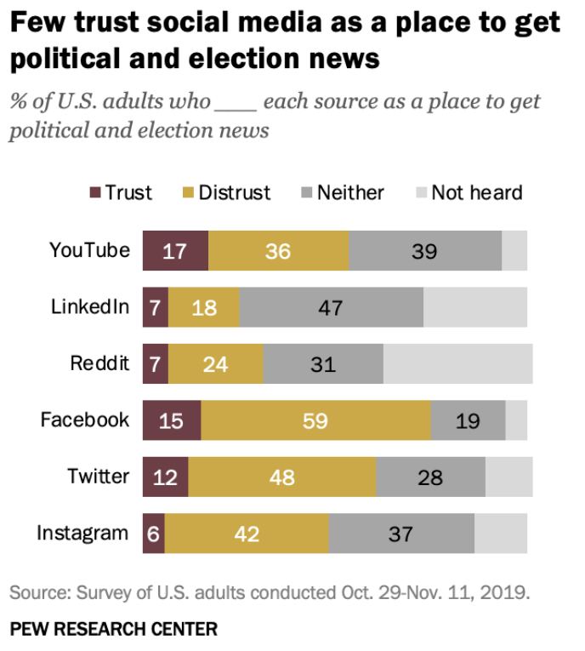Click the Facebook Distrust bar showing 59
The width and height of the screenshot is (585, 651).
pos(315,420)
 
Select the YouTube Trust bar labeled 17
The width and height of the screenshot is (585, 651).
pos(175,251)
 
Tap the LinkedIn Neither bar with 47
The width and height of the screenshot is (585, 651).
pos(331,307)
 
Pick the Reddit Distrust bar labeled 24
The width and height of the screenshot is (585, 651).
pos(216,364)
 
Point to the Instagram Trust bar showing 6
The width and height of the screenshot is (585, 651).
pos(153,534)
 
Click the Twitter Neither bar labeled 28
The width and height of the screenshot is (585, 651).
pos(430,477)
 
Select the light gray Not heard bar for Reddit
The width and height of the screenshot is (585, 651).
pos(457,364)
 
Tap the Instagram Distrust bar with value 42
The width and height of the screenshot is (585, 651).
pos(247,534)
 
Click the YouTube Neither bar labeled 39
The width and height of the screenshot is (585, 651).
pos(424,251)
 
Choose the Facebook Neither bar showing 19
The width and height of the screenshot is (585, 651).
pos(468,420)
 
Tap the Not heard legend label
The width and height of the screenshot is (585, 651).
pos(476,192)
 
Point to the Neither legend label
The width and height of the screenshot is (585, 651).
pos(350,192)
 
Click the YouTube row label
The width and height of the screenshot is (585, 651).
pos(89,250)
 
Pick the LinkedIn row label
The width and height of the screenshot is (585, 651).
pos(90,306)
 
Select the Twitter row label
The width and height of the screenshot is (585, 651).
pos(99,476)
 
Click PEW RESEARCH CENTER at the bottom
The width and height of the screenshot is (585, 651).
pos(113,630)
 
